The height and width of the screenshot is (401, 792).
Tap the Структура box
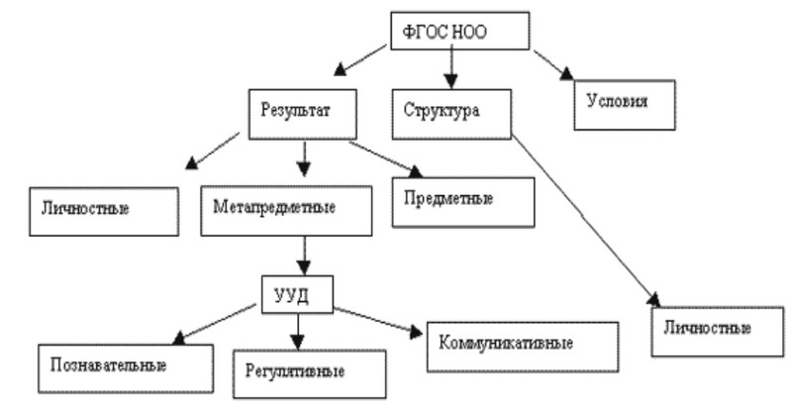click(442, 112)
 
